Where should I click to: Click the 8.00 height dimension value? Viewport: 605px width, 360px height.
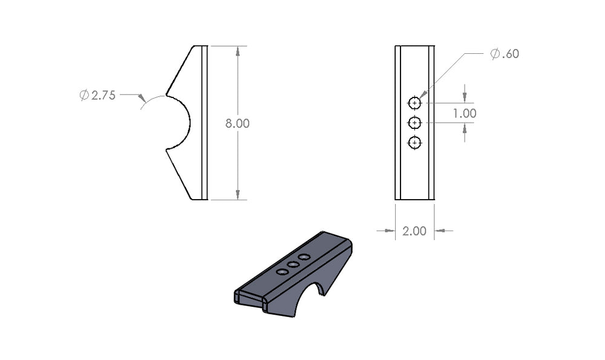[x=237, y=123]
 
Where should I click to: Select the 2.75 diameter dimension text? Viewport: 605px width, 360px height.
[x=103, y=96]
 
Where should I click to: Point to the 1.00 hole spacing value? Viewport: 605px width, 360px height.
[x=465, y=113]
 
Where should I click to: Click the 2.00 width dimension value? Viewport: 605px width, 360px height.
[x=414, y=231]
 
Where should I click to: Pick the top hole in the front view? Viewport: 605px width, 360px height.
[x=414, y=103]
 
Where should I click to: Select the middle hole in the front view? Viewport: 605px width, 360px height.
[x=414, y=123]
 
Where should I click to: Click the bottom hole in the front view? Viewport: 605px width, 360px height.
[x=414, y=143]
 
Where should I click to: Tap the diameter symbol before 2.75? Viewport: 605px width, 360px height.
[x=84, y=96]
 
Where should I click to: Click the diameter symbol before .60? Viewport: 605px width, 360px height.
[x=495, y=54]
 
